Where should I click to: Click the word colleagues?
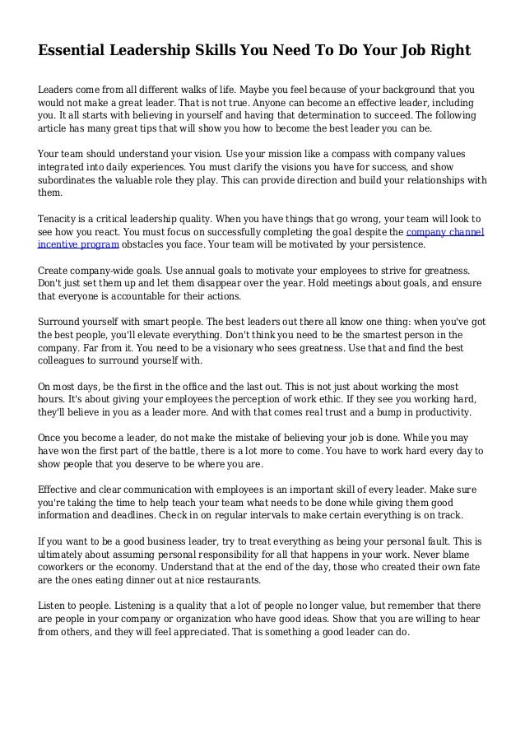[x=65, y=360]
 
